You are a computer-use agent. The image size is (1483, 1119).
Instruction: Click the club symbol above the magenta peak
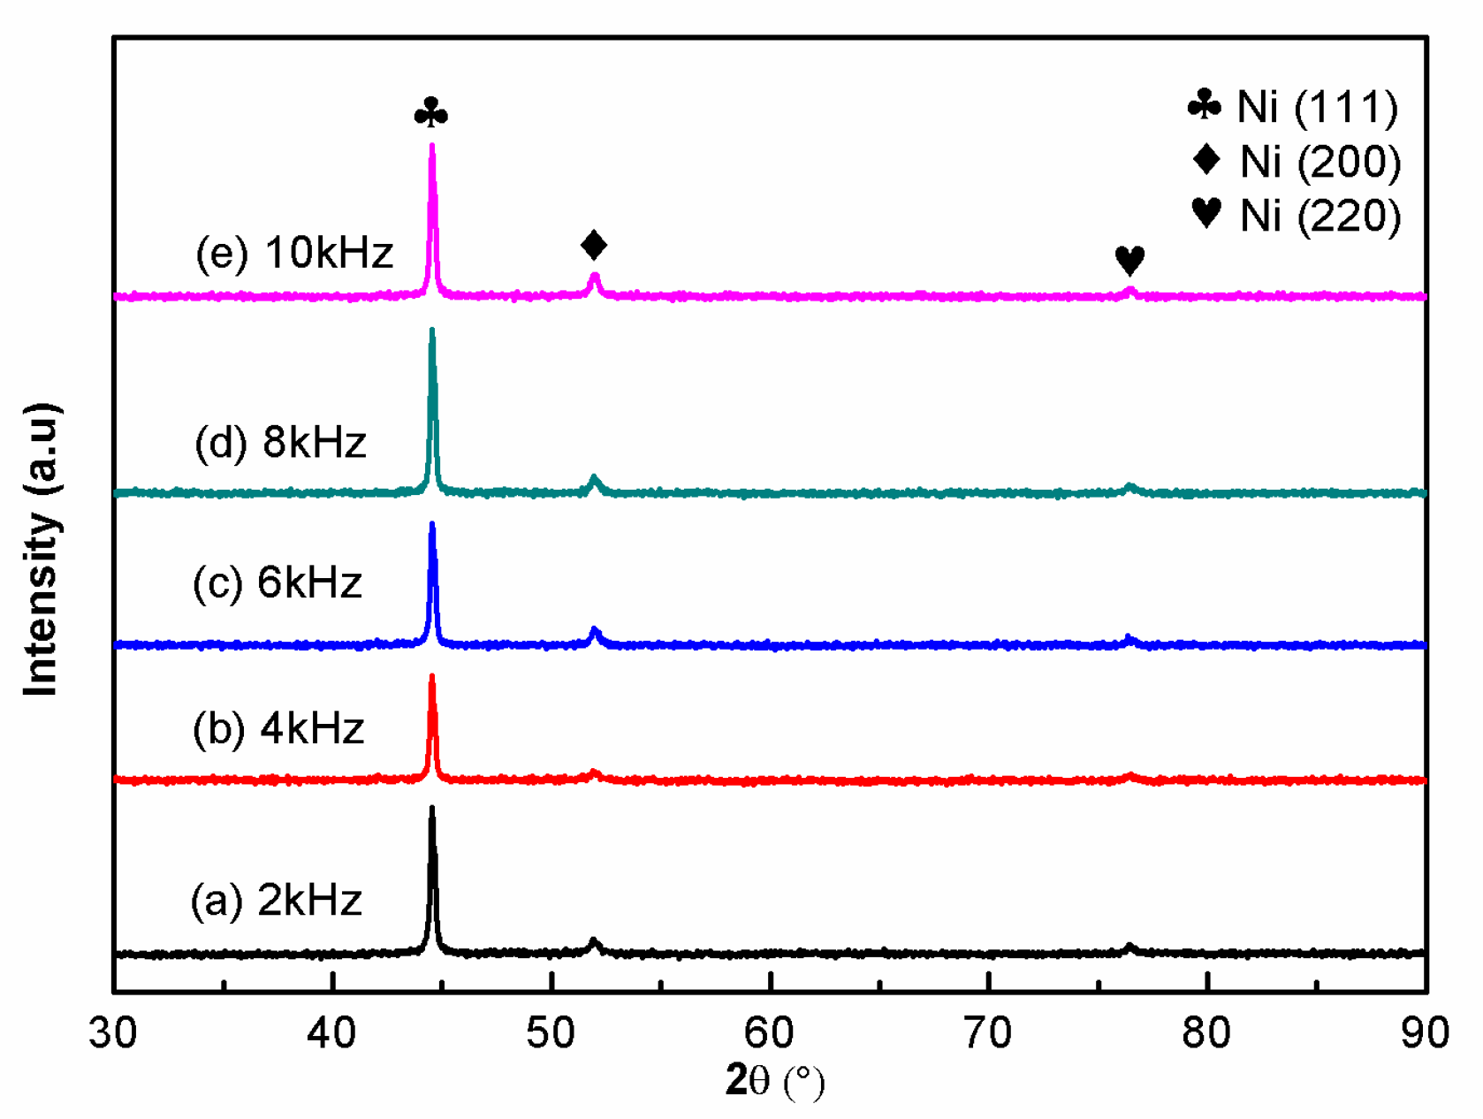click(x=431, y=113)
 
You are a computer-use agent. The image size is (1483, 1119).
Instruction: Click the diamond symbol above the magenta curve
click(x=594, y=245)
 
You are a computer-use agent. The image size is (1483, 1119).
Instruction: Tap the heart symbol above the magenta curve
click(x=1129, y=260)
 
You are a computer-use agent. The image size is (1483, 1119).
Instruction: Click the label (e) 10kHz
click(x=294, y=254)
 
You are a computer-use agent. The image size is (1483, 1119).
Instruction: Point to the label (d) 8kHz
click(x=280, y=442)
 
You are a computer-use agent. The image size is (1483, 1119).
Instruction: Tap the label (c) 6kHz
click(x=278, y=583)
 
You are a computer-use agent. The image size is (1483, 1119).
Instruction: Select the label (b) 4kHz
click(x=278, y=729)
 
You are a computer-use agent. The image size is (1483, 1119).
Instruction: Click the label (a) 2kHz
click(x=277, y=901)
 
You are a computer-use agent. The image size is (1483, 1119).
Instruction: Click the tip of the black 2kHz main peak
click(x=432, y=809)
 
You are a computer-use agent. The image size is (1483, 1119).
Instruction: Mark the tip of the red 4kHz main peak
click(x=432, y=678)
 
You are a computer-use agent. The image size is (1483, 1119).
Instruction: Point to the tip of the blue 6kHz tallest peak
click(x=432, y=525)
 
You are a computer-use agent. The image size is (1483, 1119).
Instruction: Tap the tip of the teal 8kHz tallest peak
click(x=432, y=331)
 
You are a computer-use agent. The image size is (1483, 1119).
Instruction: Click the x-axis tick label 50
click(x=551, y=1033)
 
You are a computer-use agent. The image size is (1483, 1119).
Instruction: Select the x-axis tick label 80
click(x=1207, y=1033)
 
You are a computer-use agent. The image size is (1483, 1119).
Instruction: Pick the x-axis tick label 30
click(x=114, y=1033)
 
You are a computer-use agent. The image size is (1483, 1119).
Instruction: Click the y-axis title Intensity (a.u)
click(x=42, y=548)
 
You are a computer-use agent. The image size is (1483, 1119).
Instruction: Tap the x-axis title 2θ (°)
click(x=774, y=1081)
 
